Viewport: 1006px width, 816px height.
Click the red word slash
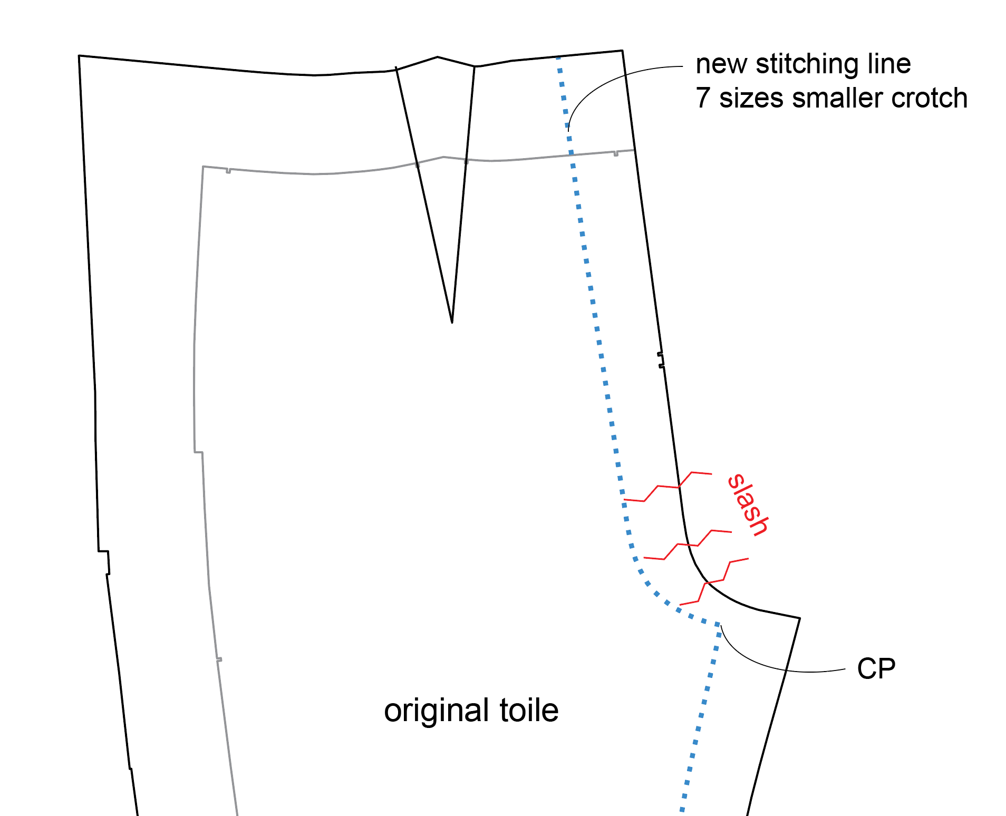[748, 505]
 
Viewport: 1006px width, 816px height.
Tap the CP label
[876, 669]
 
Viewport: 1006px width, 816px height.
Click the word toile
[529, 711]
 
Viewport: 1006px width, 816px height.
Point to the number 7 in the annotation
[702, 98]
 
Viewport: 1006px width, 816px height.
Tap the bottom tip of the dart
[452, 322]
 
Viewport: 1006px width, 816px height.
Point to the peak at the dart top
[438, 57]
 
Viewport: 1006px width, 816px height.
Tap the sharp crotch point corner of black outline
[799, 618]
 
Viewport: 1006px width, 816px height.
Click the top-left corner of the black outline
[79, 55]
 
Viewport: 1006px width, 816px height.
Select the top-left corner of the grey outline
[203, 167]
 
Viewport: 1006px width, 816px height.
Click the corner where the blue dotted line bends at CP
[718, 625]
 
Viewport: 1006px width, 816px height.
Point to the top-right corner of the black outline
[623, 51]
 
